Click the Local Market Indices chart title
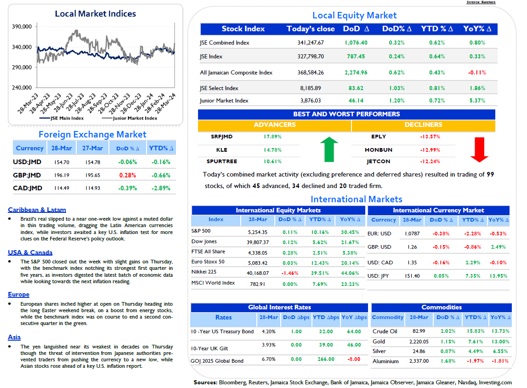pyautogui.click(x=96, y=14)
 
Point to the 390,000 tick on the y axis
pyautogui.click(x=22, y=27)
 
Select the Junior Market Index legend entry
pyautogui.click(x=130, y=118)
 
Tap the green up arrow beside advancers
pyautogui.click(x=329, y=149)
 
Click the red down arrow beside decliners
pyautogui.click(x=479, y=149)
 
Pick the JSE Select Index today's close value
pyautogui.click(x=311, y=88)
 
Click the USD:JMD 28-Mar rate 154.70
pyautogui.click(x=62, y=162)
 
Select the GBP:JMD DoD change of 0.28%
pyautogui.click(x=128, y=175)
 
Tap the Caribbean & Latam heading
pyautogui.click(x=37, y=210)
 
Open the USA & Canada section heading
pyautogui.click(x=30, y=252)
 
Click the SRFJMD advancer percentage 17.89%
pyautogui.click(x=272, y=137)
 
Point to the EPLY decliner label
pyautogui.click(x=379, y=137)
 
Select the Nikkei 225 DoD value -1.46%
pyautogui.click(x=290, y=273)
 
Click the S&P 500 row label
pyautogui.click(x=201, y=231)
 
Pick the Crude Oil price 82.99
pyautogui.click(x=419, y=331)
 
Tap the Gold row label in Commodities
pyautogui.click(x=379, y=342)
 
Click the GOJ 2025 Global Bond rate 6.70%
pyautogui.click(x=268, y=359)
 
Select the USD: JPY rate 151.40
pyautogui.click(x=412, y=276)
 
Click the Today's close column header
pyautogui.click(x=311, y=29)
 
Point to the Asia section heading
pyautogui.click(x=14, y=337)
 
